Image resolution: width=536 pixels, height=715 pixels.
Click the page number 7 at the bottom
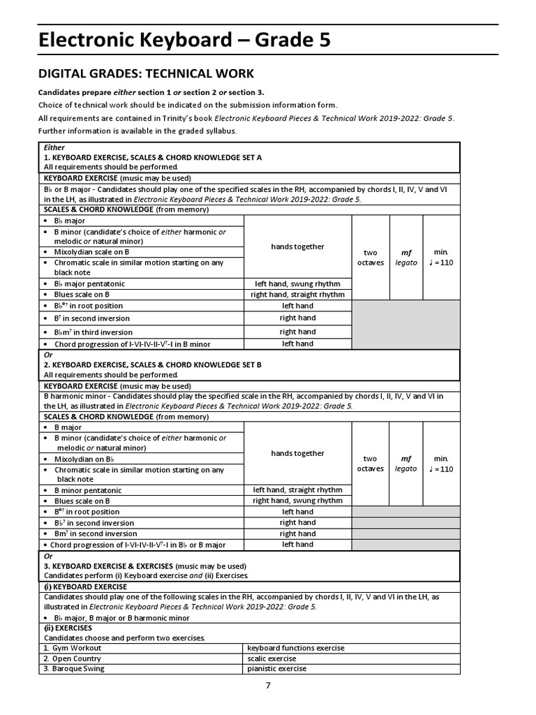pos(268,685)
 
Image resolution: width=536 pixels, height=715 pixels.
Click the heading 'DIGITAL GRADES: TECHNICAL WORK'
pos(146,73)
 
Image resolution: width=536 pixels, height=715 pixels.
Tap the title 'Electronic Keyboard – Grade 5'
pos(184,41)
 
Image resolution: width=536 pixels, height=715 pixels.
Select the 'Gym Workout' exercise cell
pos(73,648)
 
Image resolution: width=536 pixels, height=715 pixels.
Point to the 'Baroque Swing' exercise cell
pos(74,668)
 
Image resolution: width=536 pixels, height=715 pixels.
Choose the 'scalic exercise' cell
pos(272,658)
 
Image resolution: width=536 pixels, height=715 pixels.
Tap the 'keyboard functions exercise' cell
pos(296,648)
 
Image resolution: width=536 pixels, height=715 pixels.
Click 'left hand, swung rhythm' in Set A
pos(297,283)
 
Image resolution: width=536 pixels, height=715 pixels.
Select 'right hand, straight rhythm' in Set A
pos(297,295)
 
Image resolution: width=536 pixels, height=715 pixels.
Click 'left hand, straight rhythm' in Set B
pos(297,490)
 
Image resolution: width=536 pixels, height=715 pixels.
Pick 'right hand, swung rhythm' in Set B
pos(297,501)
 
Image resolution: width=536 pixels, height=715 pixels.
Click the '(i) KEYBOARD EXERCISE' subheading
pos(85,587)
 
